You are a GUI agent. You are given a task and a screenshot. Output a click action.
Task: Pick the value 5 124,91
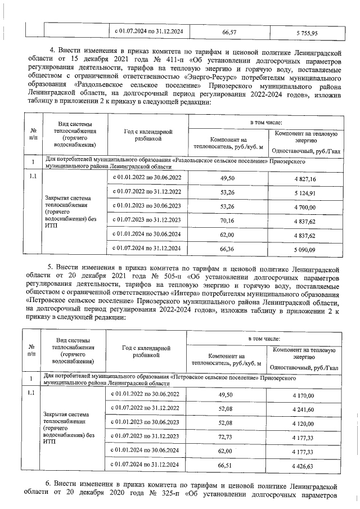[x=305, y=193]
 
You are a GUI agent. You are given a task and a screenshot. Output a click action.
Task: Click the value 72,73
[x=227, y=437]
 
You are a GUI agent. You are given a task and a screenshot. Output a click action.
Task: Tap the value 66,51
[x=227, y=466]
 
